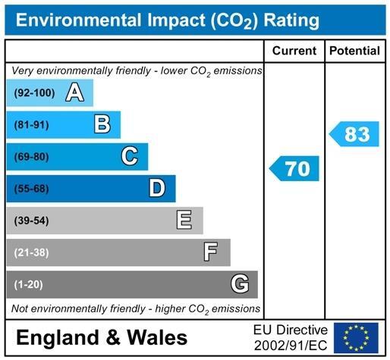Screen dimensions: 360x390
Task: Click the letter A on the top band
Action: tap(74, 93)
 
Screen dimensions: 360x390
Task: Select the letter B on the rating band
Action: tap(102, 124)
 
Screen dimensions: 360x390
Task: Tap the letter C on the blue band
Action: tap(130, 156)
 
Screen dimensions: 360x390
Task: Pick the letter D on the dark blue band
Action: tap(157, 188)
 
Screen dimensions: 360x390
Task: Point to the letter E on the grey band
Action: tap(184, 220)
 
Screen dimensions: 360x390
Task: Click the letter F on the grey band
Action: tap(212, 252)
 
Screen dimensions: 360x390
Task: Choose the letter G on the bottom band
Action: tap(240, 284)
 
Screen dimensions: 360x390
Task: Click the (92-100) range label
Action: tap(35, 93)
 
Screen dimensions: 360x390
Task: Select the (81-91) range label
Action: tap(31, 125)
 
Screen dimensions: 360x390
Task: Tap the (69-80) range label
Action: tap(31, 157)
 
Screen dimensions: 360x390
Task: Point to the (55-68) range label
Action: tap(31, 189)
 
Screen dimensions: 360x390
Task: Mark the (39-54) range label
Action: tap(31, 221)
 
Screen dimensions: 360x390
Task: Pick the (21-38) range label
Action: tap(31, 252)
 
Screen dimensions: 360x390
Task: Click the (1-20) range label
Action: tap(28, 284)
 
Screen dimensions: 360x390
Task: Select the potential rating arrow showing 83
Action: tap(354, 134)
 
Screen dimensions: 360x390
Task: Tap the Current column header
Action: tap(294, 51)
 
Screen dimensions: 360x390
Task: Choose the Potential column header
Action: tap(355, 51)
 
